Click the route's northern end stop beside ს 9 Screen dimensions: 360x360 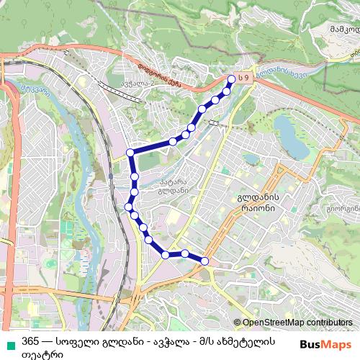(231, 80)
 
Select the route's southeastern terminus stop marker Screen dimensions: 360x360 (204, 261)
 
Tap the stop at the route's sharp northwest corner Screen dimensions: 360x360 (130, 152)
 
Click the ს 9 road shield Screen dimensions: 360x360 (245, 77)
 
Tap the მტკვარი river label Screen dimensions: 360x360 (36, 90)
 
